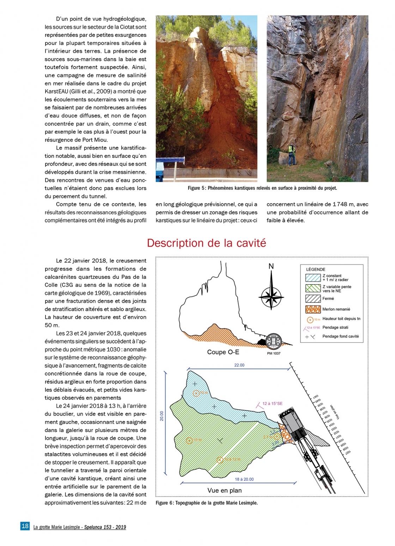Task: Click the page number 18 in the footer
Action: click(25, 526)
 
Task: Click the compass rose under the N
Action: click(271, 296)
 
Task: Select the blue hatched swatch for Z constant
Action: click(313, 278)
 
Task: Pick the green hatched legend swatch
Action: click(313, 288)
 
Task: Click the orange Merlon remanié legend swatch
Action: click(313, 309)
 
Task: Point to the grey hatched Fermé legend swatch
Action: click(313, 299)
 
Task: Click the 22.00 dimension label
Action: click(239, 365)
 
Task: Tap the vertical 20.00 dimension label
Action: click(162, 416)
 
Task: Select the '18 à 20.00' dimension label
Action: click(244, 479)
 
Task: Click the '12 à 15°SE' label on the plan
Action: click(272, 403)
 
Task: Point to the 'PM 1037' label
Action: click(274, 353)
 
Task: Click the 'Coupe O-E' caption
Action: click(223, 352)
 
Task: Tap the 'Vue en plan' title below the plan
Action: click(225, 490)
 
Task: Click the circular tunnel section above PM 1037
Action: click(274, 341)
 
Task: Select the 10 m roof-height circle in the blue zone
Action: click(196, 393)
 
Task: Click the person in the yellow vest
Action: click(292, 155)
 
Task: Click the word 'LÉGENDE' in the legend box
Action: click(316, 269)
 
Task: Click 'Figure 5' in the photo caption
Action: click(196, 188)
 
